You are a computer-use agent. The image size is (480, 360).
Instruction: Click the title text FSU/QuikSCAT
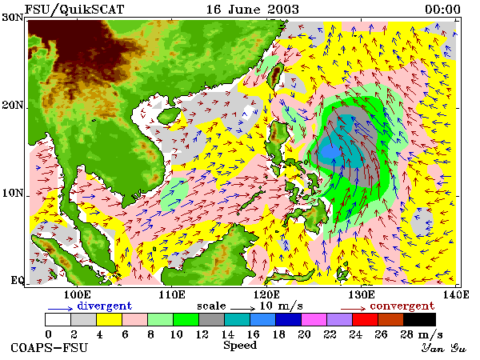click(x=74, y=9)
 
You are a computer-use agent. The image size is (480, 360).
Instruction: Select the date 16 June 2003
click(x=253, y=9)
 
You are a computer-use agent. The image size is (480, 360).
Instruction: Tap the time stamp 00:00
click(x=442, y=9)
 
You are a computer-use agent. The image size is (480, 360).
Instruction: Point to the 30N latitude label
click(x=13, y=18)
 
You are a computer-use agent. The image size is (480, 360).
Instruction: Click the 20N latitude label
click(x=13, y=106)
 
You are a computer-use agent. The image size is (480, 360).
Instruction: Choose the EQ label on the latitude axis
click(x=17, y=280)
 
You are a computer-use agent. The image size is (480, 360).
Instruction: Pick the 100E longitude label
click(x=77, y=294)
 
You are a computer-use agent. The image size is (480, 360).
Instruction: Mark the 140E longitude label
click(x=456, y=294)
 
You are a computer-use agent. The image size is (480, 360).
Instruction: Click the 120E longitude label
click(x=266, y=294)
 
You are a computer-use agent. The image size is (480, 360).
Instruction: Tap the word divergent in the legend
click(x=104, y=306)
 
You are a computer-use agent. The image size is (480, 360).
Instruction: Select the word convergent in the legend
click(x=402, y=306)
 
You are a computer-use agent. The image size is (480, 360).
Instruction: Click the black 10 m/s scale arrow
click(x=242, y=309)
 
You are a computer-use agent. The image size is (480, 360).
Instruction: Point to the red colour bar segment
click(x=365, y=319)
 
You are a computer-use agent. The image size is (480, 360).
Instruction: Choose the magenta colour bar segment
click(x=314, y=319)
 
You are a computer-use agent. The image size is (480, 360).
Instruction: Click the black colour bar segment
click(x=419, y=319)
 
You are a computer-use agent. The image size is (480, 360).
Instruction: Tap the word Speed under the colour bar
click(x=240, y=346)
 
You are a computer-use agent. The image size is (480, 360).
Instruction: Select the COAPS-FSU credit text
click(x=50, y=348)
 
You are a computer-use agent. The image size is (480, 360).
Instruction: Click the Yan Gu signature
click(x=444, y=348)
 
